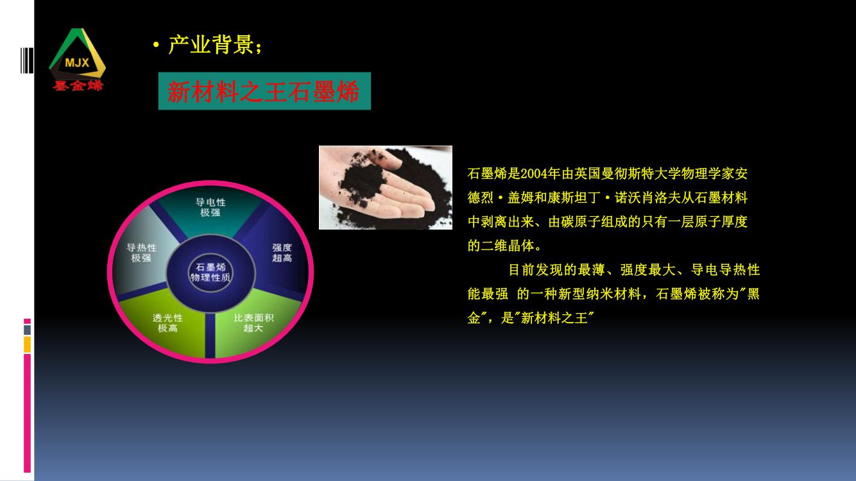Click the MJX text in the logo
point(77,62)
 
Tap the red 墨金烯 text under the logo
point(78,85)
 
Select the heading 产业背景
point(210,45)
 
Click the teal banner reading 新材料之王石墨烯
point(264,91)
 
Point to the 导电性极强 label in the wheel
point(210,207)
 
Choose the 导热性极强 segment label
point(141,253)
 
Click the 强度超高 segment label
point(282,253)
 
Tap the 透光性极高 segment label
point(167,323)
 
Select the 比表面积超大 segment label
point(253,323)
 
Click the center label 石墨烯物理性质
point(210,272)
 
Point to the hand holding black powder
point(386,187)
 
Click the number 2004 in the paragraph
point(533,174)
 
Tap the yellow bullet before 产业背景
point(155,45)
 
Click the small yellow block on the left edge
point(27,344)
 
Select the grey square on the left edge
point(27,330)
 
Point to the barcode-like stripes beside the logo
point(27,60)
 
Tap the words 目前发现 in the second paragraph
point(535,270)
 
